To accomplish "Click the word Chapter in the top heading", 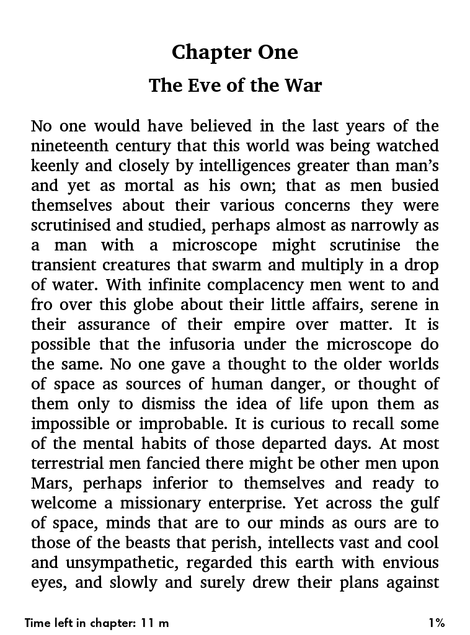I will tap(205, 53).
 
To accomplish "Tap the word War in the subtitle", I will tap(303, 85).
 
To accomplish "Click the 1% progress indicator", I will tap(436, 623).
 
